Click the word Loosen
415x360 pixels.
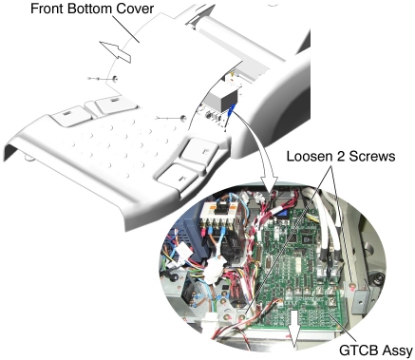coord(310,156)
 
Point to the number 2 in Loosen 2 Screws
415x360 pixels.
coord(340,156)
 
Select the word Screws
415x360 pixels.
coord(371,156)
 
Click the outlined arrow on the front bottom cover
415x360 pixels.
coord(115,51)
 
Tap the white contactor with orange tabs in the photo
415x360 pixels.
coord(217,213)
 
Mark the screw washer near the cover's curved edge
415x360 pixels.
coord(114,78)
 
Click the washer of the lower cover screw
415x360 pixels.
coord(182,118)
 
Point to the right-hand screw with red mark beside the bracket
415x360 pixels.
coord(351,286)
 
